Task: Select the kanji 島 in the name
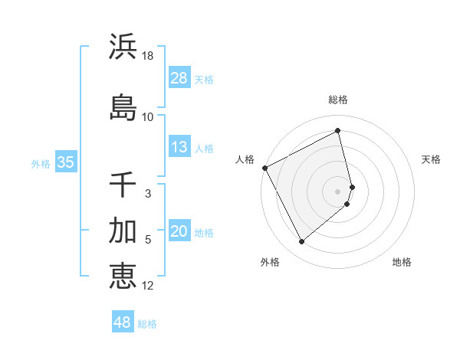tap(123, 107)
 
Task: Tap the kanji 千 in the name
tap(123, 185)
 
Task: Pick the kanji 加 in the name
tap(123, 231)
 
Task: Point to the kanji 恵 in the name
tap(123, 276)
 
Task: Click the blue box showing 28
tap(179, 78)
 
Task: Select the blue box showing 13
tap(179, 147)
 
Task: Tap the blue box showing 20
tap(179, 232)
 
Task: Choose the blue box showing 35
tap(66, 162)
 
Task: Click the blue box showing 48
tap(123, 322)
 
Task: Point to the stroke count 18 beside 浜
tap(149, 56)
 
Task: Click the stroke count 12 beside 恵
tap(148, 286)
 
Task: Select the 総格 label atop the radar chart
tap(338, 100)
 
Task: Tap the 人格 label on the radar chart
tap(245, 159)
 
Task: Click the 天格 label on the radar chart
tap(431, 159)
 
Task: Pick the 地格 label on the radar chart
tap(402, 262)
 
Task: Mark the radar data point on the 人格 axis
tap(264, 168)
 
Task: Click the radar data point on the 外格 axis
tap(301, 242)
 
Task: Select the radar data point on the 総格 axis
tap(338, 131)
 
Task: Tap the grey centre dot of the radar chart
tap(338, 191)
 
